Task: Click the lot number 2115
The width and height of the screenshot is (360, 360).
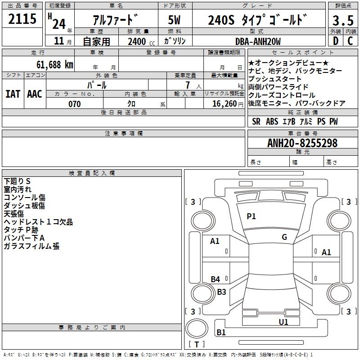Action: (x=22, y=19)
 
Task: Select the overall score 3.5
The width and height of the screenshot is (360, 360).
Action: (x=342, y=21)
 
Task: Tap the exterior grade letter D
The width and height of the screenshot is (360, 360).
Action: (x=335, y=41)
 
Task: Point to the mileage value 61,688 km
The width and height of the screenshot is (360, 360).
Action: (x=49, y=65)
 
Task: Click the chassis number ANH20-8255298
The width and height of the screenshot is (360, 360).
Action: (x=302, y=144)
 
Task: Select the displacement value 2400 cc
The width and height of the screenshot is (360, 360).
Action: (x=138, y=41)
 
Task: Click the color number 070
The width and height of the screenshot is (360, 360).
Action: (x=74, y=104)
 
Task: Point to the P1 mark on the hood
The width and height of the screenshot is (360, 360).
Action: (x=251, y=216)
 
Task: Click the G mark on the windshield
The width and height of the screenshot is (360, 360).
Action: (x=284, y=237)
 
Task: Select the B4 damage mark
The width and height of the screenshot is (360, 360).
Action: (x=216, y=279)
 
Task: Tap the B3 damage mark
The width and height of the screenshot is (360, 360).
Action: (x=221, y=292)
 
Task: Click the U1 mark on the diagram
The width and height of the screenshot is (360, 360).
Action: (x=283, y=322)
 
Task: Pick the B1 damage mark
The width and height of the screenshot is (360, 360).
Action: (x=221, y=333)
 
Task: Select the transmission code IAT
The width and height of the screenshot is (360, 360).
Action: (x=13, y=94)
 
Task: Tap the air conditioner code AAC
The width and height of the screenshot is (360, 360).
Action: (x=34, y=94)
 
